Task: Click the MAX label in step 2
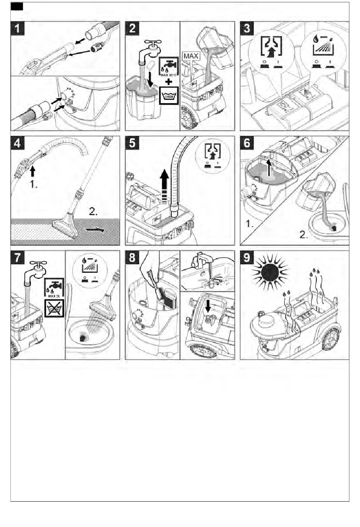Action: click(x=191, y=56)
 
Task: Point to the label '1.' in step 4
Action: click(x=33, y=186)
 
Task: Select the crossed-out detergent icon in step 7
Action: click(x=54, y=308)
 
